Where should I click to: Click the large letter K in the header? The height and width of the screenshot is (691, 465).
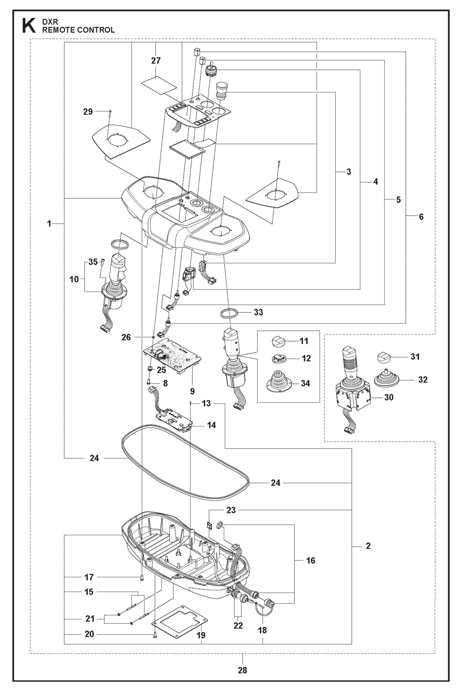pos(29,26)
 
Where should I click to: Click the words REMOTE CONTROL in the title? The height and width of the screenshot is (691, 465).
pos(79,30)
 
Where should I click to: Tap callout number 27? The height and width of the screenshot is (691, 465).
pos(156,61)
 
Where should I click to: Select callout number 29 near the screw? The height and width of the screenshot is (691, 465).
pos(88,112)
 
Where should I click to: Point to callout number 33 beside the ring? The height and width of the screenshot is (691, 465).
pos(258,312)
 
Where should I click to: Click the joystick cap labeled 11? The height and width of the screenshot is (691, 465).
pos(279,341)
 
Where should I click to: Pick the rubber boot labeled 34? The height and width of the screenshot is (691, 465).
pos(279,382)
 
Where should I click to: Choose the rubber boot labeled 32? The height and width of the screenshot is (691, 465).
pos(386,379)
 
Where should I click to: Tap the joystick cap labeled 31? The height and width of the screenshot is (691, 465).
pos(384,357)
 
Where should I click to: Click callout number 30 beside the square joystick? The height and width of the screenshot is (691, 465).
pos(389,397)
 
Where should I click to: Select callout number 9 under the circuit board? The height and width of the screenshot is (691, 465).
pos(192,391)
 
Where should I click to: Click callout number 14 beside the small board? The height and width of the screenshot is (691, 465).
pos(211,425)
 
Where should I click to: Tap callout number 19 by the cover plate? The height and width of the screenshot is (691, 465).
pos(201,635)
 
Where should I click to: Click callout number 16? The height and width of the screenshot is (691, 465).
pos(311,561)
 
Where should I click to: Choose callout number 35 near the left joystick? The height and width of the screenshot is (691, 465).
pos(93,262)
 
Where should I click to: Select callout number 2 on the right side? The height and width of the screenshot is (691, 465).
pos(368,546)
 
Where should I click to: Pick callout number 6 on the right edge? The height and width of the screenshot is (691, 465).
pos(421,217)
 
